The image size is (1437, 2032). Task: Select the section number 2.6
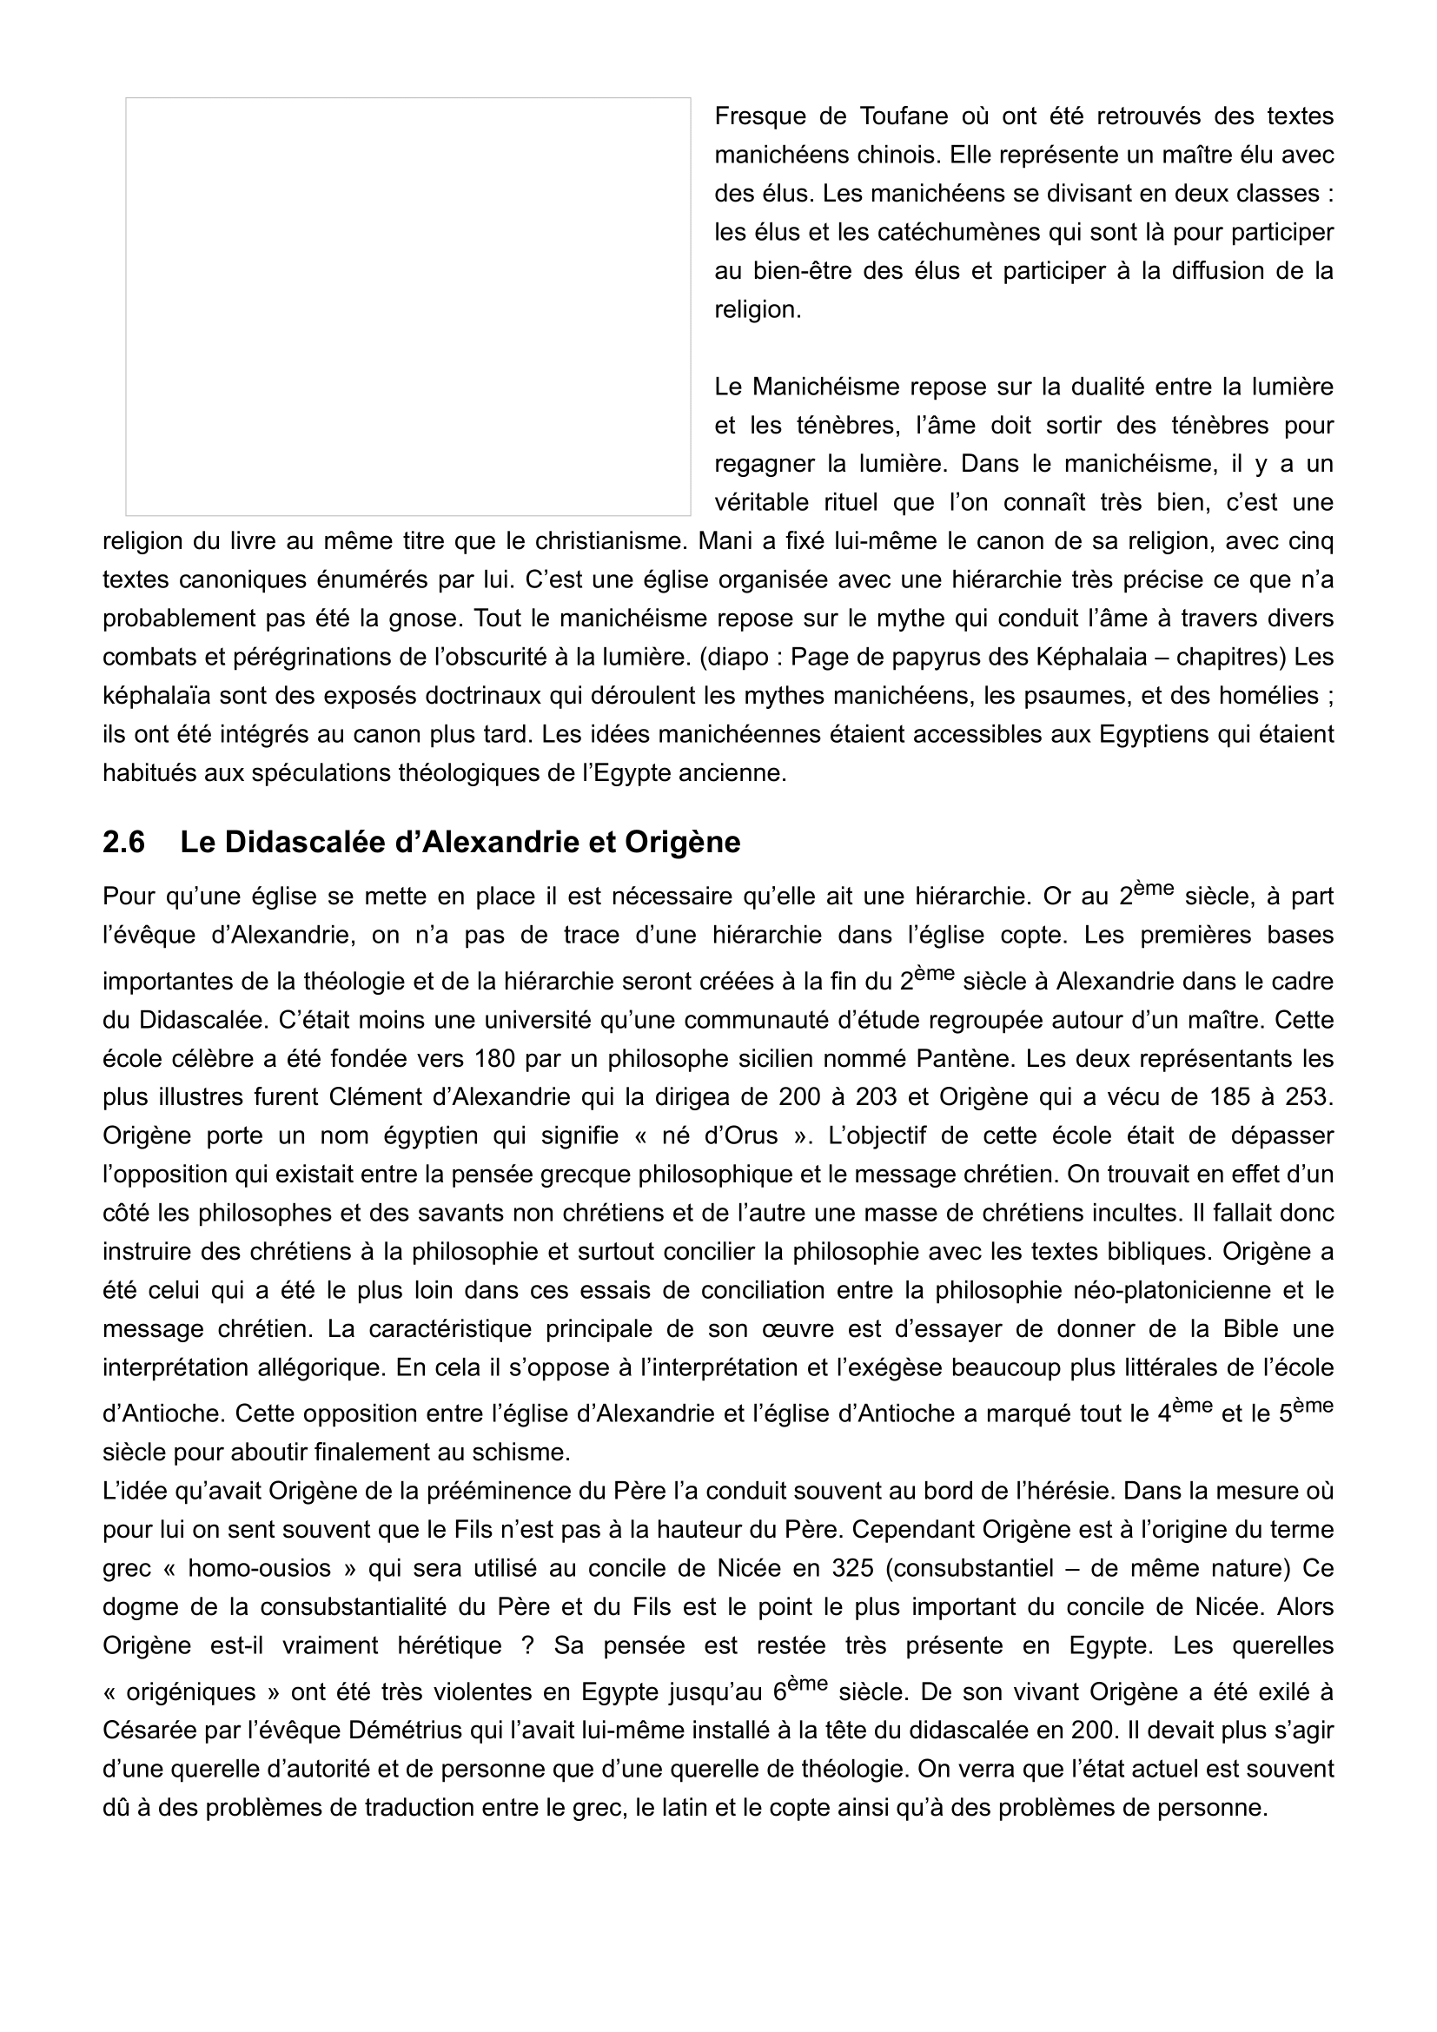[x=124, y=842]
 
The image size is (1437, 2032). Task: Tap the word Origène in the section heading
[x=682, y=842]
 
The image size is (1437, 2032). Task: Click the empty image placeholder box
[x=408, y=306]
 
